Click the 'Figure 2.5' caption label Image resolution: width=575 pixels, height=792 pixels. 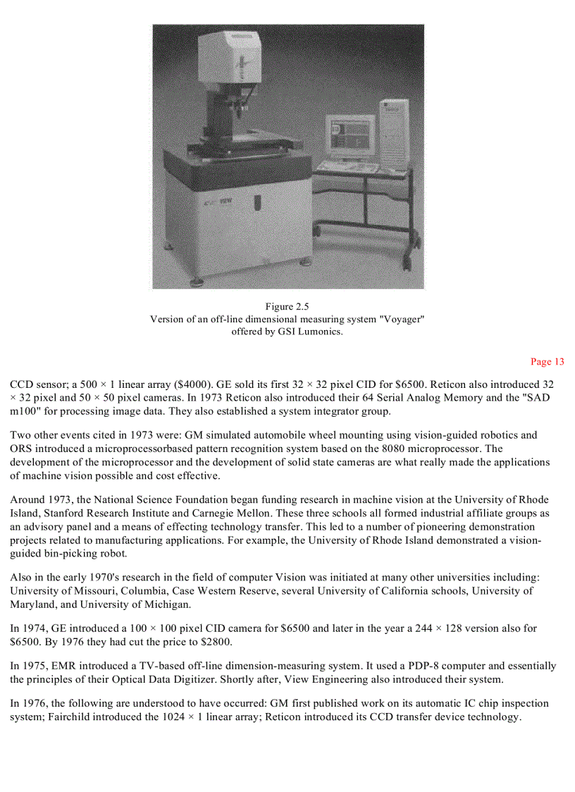click(287, 307)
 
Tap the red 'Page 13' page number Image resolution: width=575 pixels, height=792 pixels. click(548, 362)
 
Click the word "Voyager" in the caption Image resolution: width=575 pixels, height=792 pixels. click(402, 319)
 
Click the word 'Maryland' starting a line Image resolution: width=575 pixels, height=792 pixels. click(32, 604)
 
